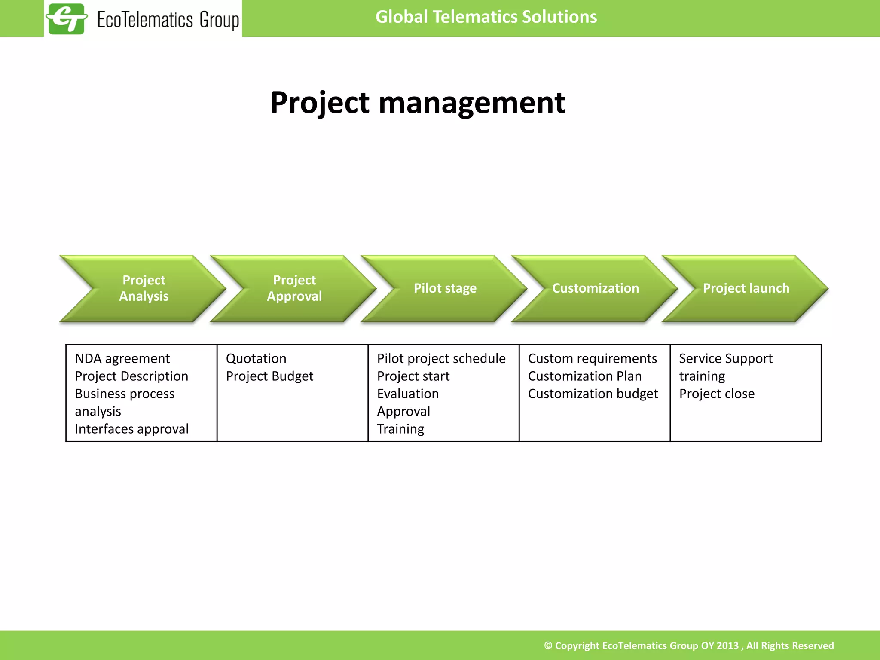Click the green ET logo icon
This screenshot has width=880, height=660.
(67, 18)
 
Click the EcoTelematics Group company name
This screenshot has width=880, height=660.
(168, 20)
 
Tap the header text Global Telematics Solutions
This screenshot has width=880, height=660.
(486, 17)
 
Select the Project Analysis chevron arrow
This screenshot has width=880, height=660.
(144, 288)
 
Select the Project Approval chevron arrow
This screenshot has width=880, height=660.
(294, 288)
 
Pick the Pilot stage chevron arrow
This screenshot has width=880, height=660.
(445, 288)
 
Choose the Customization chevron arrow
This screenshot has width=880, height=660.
(595, 288)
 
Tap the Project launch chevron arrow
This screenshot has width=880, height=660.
(746, 288)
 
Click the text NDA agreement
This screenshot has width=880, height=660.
(122, 358)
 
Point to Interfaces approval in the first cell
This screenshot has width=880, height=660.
(131, 429)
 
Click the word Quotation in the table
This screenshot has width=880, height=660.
(256, 358)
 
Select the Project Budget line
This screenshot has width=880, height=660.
(269, 376)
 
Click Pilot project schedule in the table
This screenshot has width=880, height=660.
(441, 358)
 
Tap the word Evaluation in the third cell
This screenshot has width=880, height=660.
(408, 394)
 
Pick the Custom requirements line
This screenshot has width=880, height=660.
(592, 358)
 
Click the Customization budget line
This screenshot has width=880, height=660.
(593, 394)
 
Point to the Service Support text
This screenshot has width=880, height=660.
(726, 358)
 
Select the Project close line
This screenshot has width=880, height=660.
(717, 394)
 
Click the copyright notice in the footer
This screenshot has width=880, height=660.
(689, 645)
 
